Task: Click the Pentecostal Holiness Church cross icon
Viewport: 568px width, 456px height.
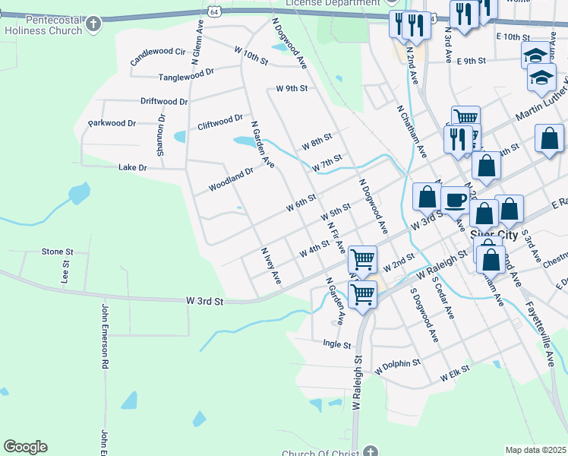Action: [x=93, y=24]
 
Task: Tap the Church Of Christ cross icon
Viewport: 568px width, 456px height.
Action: [x=370, y=451]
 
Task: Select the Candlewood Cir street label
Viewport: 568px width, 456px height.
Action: [x=158, y=52]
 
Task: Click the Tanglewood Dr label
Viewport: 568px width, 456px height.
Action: [x=186, y=77]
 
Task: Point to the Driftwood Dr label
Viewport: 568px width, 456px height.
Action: [x=164, y=101]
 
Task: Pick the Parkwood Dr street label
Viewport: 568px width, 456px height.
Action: [x=112, y=123]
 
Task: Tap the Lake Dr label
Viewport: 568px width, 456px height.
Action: [x=132, y=166]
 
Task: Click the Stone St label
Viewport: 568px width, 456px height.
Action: [x=57, y=252]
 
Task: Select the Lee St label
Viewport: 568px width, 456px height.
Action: [x=65, y=273]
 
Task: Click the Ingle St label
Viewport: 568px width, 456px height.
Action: [x=336, y=344]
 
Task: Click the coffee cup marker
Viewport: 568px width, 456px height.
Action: [x=456, y=200]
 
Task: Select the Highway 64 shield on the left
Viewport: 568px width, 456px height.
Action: [x=216, y=12]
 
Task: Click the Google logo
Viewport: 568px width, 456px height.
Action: [x=25, y=447]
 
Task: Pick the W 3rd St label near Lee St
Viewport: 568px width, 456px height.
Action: [x=205, y=302]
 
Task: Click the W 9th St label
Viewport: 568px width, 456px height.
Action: [x=292, y=89]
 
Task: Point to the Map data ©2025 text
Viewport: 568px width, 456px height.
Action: [x=536, y=450]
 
